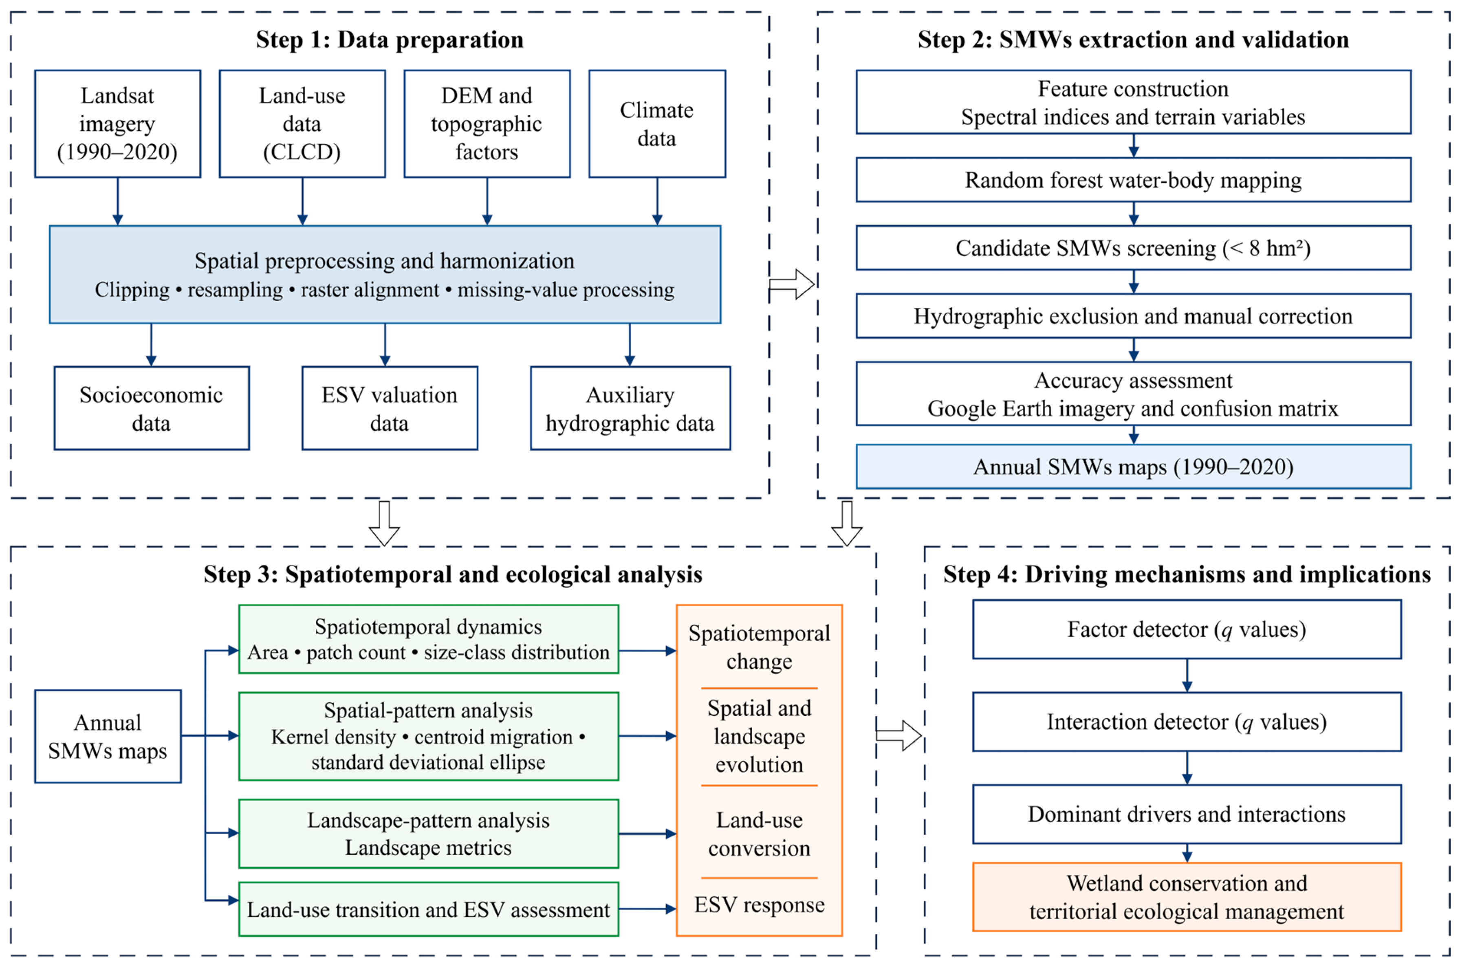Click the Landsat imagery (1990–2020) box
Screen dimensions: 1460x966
coord(118,124)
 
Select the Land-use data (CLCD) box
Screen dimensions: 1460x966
coord(302,124)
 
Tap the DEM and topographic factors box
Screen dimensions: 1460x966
coord(487,124)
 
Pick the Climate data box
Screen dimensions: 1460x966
coord(657,124)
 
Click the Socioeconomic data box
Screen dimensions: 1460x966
coord(152,409)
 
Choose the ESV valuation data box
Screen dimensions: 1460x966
coord(390,409)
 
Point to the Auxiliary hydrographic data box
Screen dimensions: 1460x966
coord(631,409)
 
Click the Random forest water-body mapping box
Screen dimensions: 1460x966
coord(1134,180)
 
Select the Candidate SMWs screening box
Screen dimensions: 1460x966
coord(1134,248)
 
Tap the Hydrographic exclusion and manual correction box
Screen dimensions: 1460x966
coord(1134,316)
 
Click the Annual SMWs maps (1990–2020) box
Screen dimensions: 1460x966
coord(1134,467)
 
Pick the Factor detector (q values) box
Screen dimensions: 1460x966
coord(1187,629)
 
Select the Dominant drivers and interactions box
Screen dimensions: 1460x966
coord(1187,814)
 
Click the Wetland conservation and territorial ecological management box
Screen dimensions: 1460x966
coord(1187,897)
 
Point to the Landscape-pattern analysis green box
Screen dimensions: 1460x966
coord(429,834)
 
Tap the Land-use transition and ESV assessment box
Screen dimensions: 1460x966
coord(429,909)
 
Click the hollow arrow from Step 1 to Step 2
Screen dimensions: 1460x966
coord(792,284)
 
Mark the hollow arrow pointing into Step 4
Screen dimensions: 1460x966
coord(899,735)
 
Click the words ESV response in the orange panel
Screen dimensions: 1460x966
coord(760,904)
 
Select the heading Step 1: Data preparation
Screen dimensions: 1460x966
coord(390,40)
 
